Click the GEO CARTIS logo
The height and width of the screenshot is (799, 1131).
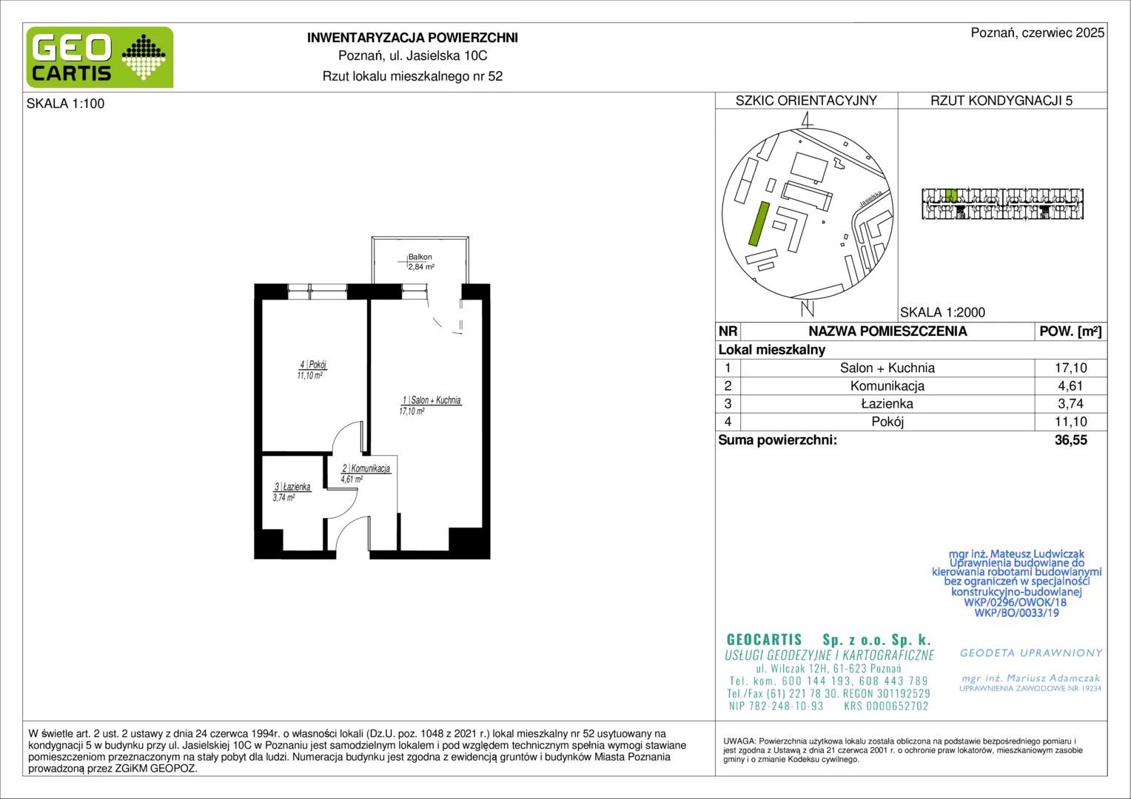pos(100,57)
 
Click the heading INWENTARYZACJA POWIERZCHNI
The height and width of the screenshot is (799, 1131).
pos(412,38)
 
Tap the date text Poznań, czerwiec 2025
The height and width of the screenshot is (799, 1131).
pos(1038,33)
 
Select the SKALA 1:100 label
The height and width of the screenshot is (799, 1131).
pos(66,104)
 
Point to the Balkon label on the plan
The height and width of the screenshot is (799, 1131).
pos(420,257)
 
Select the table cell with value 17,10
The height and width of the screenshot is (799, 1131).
pos(1070,368)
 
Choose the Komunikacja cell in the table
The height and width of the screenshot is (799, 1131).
pos(887,386)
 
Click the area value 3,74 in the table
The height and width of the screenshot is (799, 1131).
pos(1070,404)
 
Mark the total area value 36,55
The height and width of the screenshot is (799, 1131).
pos(1070,440)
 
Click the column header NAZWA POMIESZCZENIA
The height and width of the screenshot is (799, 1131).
pos(887,331)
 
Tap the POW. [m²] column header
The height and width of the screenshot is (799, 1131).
pos(1070,331)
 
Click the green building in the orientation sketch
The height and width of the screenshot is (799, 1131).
pos(759,223)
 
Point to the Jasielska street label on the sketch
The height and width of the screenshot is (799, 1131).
pos(870,198)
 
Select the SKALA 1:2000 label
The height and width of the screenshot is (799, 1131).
pos(943,312)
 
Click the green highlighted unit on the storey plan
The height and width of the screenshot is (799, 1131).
pos(950,195)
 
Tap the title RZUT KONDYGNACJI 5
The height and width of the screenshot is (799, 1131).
pos(1001,101)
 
